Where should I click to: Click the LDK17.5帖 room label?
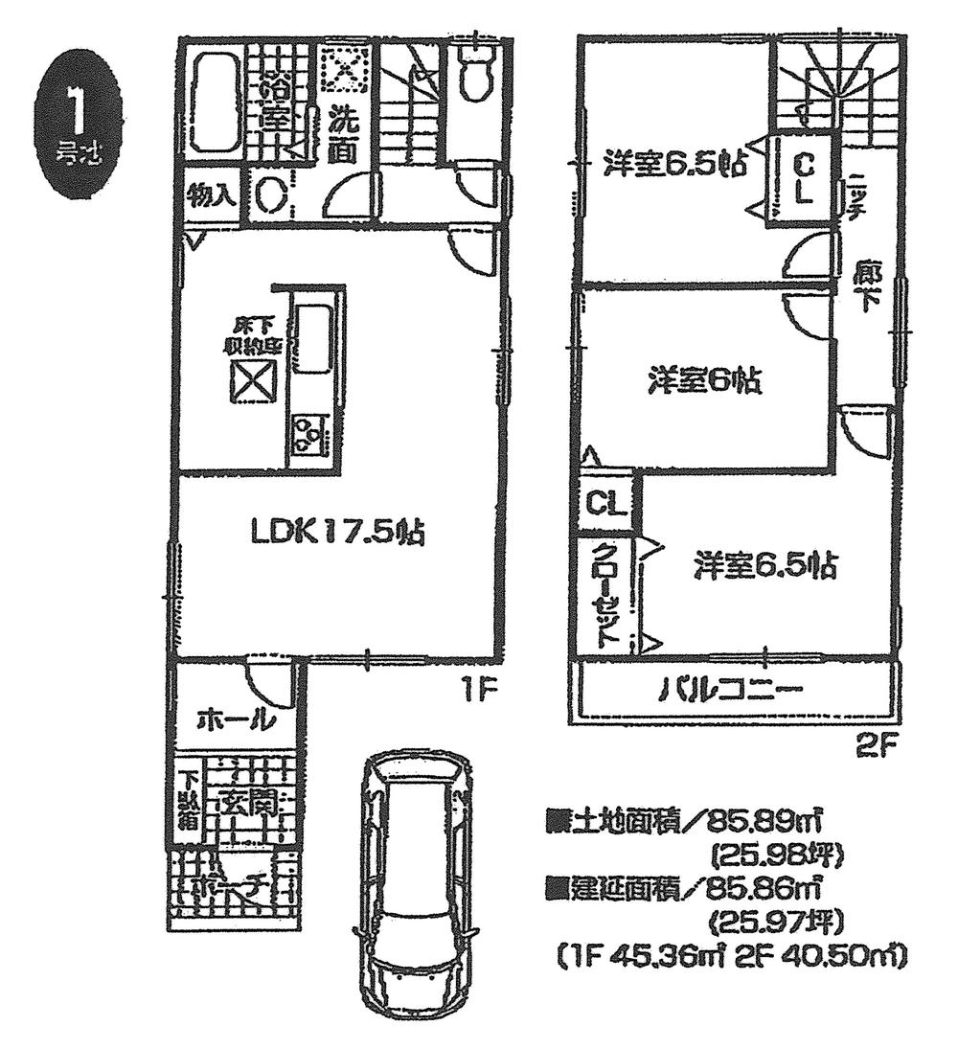(338, 532)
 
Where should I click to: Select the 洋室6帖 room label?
(703, 382)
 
